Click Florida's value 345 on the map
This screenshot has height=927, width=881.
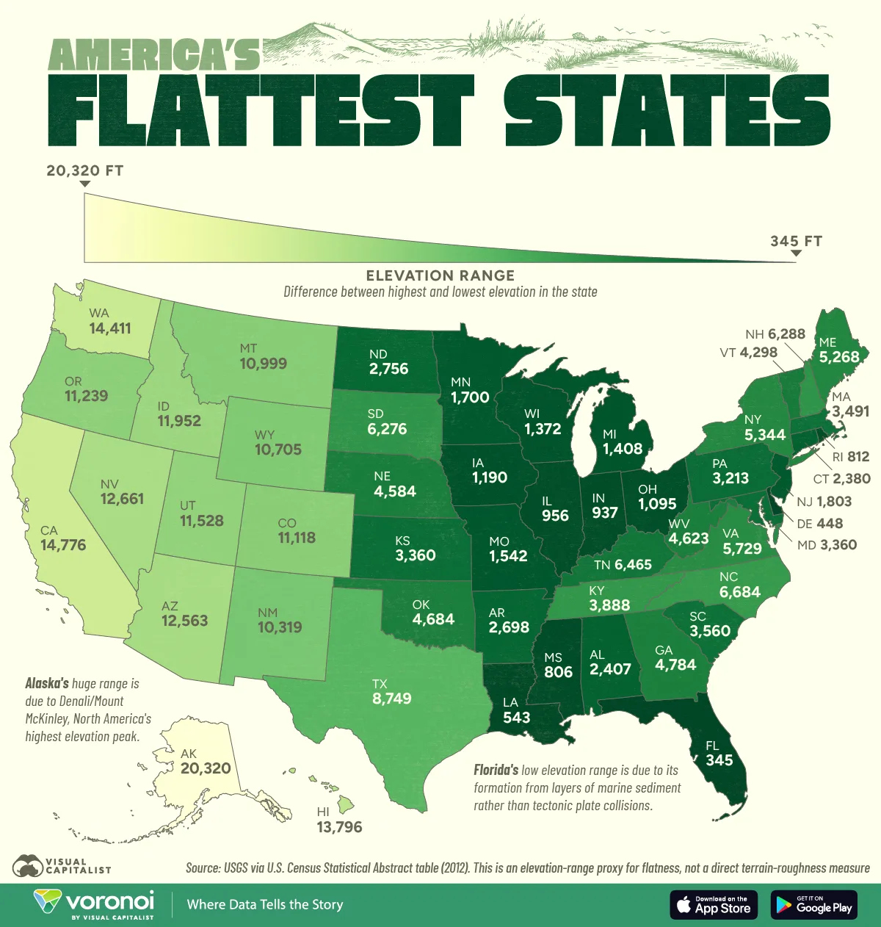click(x=719, y=760)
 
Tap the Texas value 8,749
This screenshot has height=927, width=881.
click(x=391, y=699)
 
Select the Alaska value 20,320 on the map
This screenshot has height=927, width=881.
click(x=206, y=768)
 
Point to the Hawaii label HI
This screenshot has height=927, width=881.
click(x=323, y=812)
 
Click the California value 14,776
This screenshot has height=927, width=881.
click(x=63, y=545)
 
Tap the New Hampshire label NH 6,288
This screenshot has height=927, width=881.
click(x=775, y=333)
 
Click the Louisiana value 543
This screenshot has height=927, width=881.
click(x=516, y=717)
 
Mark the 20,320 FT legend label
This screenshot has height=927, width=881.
click(x=85, y=171)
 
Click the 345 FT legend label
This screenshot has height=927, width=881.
click(x=796, y=241)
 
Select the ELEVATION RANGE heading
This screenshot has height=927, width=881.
click(x=440, y=275)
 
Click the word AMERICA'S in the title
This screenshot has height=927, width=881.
click(x=154, y=54)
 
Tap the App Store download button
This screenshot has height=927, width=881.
click(x=714, y=904)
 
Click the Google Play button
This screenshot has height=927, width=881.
click(x=813, y=904)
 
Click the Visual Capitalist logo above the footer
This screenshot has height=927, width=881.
click(x=62, y=865)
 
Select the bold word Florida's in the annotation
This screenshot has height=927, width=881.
click(x=496, y=771)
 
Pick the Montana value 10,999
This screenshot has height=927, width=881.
click(x=263, y=363)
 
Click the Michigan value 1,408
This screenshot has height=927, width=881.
click(x=622, y=449)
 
